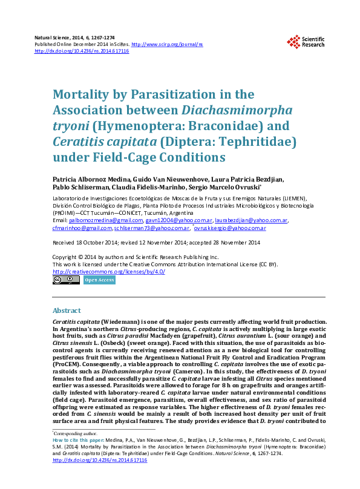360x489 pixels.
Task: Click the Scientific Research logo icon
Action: point(294,41)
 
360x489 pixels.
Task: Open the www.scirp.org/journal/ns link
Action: point(167,45)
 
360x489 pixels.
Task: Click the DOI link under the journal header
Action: point(82,51)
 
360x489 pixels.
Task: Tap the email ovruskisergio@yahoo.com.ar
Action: point(230,228)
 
